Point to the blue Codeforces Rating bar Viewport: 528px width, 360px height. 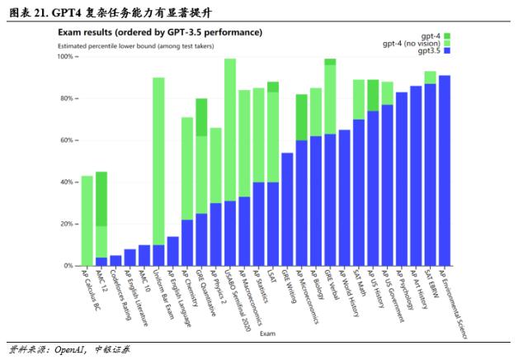click(115, 260)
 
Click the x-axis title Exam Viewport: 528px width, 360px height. click(268, 334)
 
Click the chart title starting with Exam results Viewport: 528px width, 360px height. click(159, 32)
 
